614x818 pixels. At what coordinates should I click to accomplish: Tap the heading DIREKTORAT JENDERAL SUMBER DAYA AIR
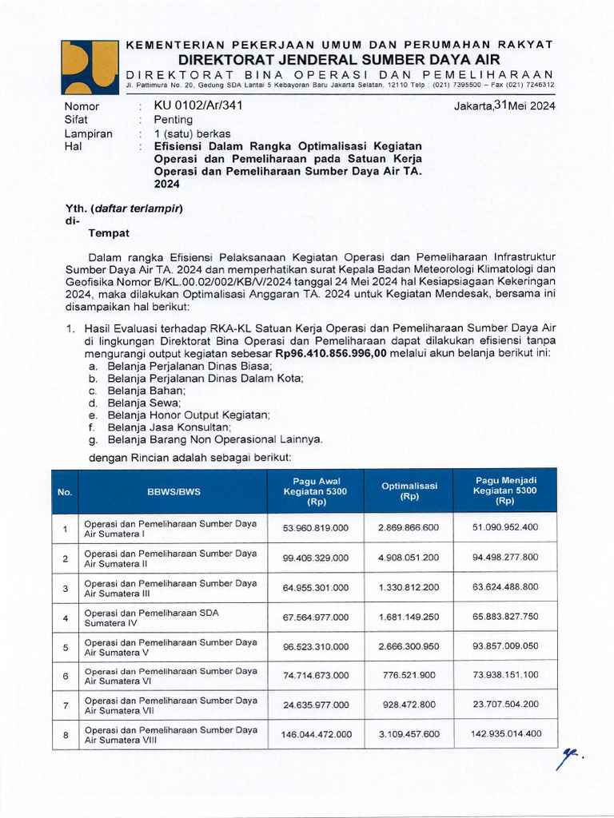339,60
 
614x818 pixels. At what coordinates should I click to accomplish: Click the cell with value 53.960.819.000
315,528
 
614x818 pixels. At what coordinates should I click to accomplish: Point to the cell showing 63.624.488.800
505,587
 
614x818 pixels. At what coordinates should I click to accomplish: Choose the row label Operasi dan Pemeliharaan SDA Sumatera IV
152,617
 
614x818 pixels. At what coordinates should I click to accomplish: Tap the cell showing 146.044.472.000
315,734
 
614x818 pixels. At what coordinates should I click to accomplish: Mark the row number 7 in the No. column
65,705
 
